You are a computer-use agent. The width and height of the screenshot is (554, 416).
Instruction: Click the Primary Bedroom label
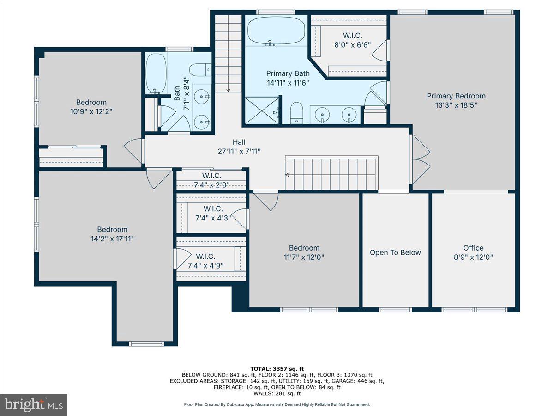[456, 96]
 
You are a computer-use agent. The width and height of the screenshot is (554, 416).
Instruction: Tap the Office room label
[473, 248]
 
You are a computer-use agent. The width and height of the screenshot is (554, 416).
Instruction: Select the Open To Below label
[395, 252]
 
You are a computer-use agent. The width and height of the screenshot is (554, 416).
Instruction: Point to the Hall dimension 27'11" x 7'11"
[239, 151]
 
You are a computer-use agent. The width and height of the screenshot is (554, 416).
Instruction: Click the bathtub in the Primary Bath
[276, 31]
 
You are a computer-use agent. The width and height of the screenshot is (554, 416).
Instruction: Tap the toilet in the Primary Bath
[296, 113]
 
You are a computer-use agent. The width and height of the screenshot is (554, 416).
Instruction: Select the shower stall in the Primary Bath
[262, 110]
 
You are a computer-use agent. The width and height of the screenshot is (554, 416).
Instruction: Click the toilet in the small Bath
[200, 70]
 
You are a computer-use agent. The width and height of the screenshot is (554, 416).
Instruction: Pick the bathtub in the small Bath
[156, 73]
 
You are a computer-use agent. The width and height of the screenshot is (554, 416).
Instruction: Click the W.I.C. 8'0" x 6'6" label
[352, 40]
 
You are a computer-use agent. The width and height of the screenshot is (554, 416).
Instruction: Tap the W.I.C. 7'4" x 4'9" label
[205, 261]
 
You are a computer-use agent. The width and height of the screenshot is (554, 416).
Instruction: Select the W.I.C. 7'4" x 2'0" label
[211, 180]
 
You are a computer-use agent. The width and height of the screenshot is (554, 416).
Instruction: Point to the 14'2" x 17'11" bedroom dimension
[112, 239]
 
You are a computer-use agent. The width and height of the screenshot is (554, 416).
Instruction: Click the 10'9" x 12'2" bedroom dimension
[91, 111]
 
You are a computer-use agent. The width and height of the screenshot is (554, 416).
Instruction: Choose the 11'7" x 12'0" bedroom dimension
[304, 257]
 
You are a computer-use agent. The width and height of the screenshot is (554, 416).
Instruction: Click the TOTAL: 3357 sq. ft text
[277, 369]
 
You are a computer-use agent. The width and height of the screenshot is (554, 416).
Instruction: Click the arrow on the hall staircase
[287, 175]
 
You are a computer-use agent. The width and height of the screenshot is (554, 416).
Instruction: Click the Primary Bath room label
[288, 73]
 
